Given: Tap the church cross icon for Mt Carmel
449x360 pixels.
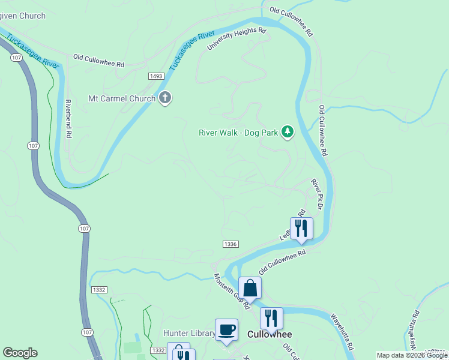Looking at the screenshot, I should [x=166, y=98].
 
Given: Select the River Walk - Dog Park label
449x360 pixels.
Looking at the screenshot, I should [x=238, y=133].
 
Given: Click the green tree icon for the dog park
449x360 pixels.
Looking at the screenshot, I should [x=288, y=131].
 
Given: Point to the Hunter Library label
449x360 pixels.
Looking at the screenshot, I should [x=189, y=334].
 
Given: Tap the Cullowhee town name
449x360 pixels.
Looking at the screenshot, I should [x=270, y=334].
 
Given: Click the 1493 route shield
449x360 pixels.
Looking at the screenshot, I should [x=157, y=76].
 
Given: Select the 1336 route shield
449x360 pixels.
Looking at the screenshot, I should [x=231, y=244].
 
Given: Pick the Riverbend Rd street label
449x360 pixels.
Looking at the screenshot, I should [x=68, y=119].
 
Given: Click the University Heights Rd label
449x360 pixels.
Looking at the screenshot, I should [x=237, y=38].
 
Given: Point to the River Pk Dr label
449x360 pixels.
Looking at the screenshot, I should [x=317, y=193].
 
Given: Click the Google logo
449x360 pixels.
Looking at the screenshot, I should [x=20, y=353].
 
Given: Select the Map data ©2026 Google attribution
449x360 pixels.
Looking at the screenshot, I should [x=412, y=355].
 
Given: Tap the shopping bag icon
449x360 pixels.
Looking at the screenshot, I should [x=250, y=289].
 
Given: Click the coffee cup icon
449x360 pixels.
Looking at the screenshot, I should [x=226, y=329].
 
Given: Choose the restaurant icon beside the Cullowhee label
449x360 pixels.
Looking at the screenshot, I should [x=271, y=318].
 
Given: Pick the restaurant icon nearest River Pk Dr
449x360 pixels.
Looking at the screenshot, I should [x=301, y=229].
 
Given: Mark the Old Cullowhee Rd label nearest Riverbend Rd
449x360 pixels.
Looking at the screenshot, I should [x=98, y=61].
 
